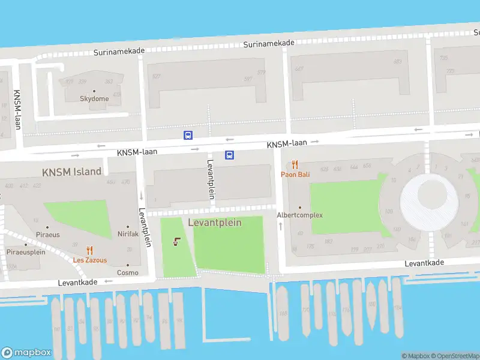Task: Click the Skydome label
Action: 95,99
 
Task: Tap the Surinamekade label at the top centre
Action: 269,43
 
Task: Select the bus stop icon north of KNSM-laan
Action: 188,136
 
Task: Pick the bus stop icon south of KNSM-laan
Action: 229,155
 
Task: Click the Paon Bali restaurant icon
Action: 295,164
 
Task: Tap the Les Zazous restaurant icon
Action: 90,251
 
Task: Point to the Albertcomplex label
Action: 299,215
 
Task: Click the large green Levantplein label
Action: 215,223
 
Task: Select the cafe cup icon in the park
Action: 176,242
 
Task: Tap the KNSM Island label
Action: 71,172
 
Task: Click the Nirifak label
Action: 128,234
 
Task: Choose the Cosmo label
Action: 128,272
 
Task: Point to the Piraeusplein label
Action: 26,253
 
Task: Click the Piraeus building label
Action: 48,235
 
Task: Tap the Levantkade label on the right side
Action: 424,263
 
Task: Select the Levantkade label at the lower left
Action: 78,282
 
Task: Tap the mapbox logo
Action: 26,353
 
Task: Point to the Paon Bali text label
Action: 295,175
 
